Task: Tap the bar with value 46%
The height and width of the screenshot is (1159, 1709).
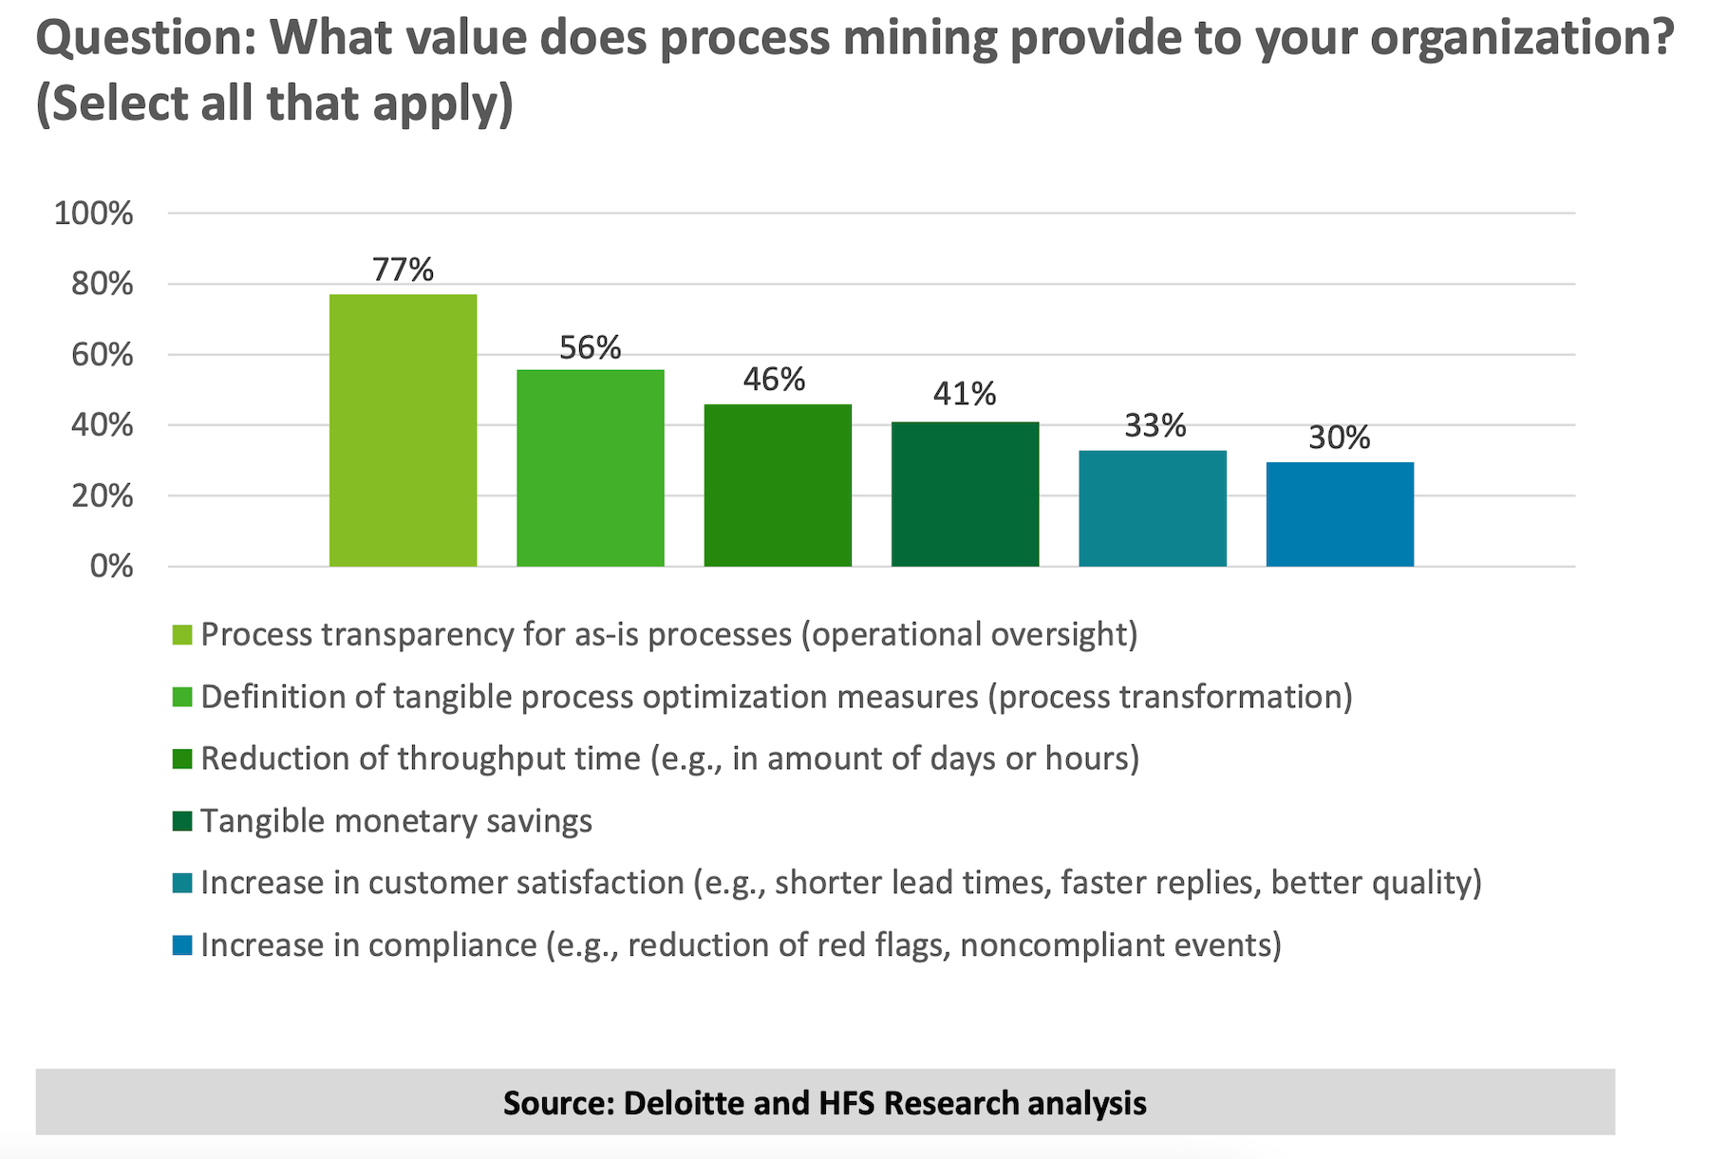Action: click(x=777, y=485)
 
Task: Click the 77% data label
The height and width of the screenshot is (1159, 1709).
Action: click(x=403, y=270)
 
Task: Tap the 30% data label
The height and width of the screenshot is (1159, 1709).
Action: click(x=1339, y=438)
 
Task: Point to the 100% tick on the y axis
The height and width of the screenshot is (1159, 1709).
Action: click(x=94, y=214)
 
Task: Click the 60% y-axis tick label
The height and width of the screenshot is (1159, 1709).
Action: click(x=103, y=355)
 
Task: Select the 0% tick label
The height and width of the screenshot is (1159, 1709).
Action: click(x=111, y=567)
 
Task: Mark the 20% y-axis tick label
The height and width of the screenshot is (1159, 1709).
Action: click(x=103, y=495)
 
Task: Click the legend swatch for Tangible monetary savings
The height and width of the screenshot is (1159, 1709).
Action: click(x=182, y=821)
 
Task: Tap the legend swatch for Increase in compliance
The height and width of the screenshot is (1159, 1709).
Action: click(x=182, y=945)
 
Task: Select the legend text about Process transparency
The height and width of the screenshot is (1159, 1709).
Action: click(x=668, y=634)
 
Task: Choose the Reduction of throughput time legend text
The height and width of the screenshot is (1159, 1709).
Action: click(x=669, y=758)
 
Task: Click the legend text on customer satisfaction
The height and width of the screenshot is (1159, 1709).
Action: click(x=840, y=883)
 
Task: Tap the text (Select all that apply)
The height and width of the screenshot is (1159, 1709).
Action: click(x=274, y=103)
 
